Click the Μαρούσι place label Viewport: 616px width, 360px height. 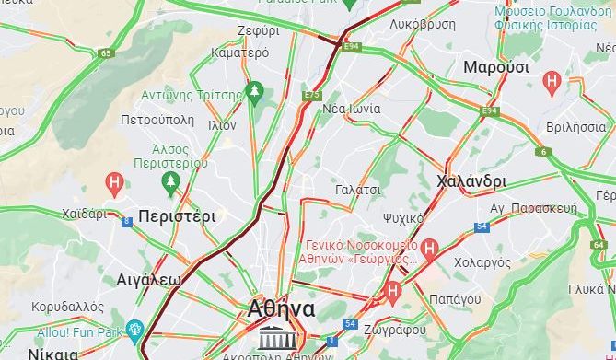(495, 67)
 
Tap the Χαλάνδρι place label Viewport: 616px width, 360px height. (472, 180)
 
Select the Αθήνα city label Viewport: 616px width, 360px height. (282, 309)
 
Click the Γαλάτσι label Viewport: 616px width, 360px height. (359, 190)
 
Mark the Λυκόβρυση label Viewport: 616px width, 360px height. (423, 25)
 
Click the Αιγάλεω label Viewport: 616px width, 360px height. (148, 278)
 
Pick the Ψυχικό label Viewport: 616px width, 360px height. (403, 218)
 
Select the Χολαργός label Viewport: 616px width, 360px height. (482, 262)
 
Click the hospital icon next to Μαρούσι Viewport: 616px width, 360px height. (552, 82)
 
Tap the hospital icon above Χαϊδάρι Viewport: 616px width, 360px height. (115, 182)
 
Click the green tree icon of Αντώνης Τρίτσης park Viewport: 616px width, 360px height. (255, 92)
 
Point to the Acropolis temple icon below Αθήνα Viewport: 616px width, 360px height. (272, 335)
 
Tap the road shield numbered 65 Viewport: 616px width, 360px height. (107, 54)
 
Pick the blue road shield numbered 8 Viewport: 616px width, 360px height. (126, 220)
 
